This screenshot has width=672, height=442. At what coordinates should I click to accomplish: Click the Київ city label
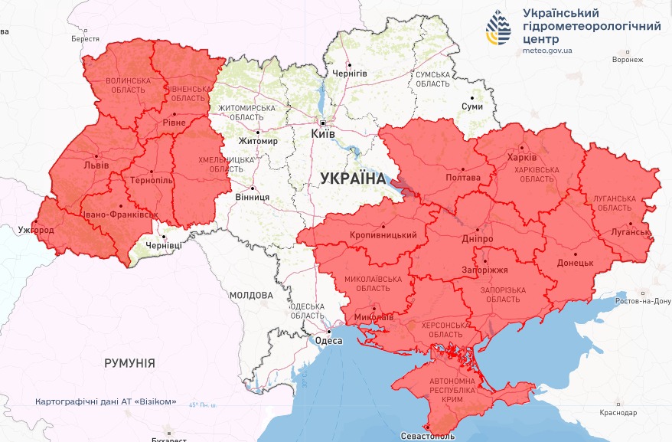pos(323,134)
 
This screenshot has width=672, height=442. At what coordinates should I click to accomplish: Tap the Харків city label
pos(522,159)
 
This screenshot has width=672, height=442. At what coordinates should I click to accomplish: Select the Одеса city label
pos(329,341)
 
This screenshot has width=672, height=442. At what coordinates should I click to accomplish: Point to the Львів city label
pos(96,165)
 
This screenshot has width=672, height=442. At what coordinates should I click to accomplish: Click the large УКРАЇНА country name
pos(353,178)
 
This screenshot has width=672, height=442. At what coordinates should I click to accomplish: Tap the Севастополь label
pos(427,436)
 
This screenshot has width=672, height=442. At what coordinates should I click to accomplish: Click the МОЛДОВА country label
pos(251,295)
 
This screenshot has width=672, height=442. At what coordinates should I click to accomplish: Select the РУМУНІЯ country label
pos(129,363)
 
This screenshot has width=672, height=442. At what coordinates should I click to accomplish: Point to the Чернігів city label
pos(350,74)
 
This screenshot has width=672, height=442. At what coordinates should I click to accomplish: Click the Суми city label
pos(472,106)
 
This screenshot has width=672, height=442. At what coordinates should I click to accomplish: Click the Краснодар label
pos(618,413)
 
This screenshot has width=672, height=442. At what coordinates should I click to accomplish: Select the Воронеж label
pos(628,60)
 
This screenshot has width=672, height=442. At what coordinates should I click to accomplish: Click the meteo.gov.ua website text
pos(547,51)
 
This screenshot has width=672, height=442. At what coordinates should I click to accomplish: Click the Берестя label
pos(85,38)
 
